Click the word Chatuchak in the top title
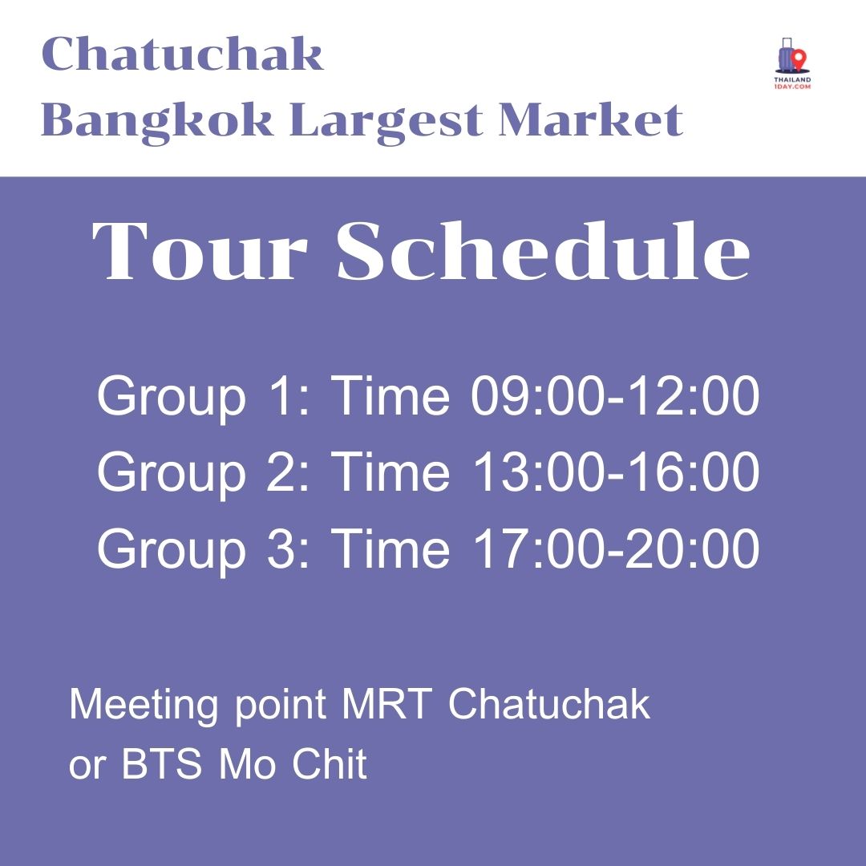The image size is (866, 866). click(x=182, y=54)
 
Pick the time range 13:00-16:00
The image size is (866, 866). click(x=614, y=472)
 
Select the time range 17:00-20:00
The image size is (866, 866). click(x=614, y=548)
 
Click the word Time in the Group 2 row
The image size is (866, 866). click(x=391, y=472)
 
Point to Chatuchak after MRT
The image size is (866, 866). click(x=548, y=705)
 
